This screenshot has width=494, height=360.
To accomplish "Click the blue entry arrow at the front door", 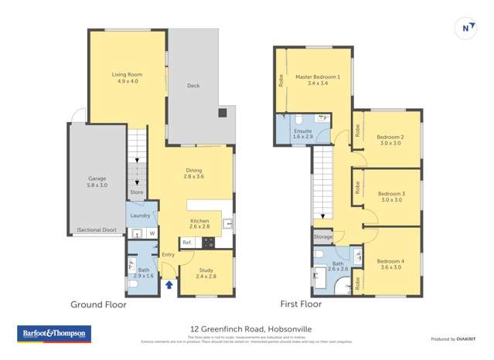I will point(169,285).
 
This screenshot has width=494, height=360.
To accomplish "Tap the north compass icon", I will point(467,28).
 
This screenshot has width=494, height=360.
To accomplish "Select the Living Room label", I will point(128,74).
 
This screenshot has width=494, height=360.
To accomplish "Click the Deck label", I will point(193,86).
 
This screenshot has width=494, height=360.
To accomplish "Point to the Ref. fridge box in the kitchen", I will point(187,243).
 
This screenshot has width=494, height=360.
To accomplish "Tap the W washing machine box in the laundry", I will point(152,233).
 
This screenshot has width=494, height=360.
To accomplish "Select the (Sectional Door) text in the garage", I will point(97,229).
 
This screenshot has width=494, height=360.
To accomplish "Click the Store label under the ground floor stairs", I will point(136,192).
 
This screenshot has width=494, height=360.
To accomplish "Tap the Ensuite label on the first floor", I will point(303,131).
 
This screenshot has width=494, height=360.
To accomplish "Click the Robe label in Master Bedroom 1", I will point(281,80).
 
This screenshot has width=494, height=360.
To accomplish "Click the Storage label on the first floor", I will point(323,236).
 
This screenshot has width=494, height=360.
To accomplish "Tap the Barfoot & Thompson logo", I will point(53,335).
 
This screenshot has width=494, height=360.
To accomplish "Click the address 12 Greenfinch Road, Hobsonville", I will point(247,328).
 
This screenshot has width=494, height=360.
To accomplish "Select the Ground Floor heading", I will point(98,304).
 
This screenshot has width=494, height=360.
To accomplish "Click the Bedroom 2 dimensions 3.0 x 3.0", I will point(390,143).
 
